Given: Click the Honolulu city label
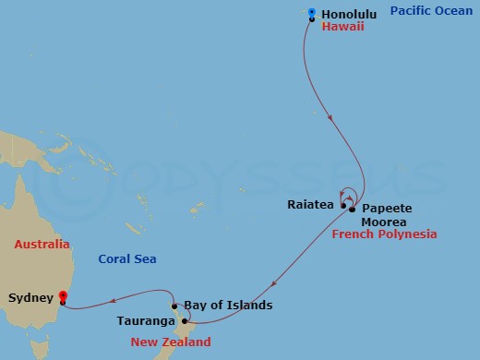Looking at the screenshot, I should (350, 14).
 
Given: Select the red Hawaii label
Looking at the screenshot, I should (342, 28).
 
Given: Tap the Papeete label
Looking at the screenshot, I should (385, 208).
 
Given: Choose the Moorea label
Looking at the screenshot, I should (383, 222).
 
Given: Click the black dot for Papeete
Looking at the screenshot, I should (353, 210).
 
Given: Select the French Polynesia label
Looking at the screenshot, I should (383, 235).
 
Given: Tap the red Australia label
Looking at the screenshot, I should (42, 245).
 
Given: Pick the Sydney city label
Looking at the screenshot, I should (29, 298).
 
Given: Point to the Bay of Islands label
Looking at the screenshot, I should (228, 305).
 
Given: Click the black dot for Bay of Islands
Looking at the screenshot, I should (174, 306).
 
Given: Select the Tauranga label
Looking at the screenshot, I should (146, 321).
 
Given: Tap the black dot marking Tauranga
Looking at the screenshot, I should (185, 321).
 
